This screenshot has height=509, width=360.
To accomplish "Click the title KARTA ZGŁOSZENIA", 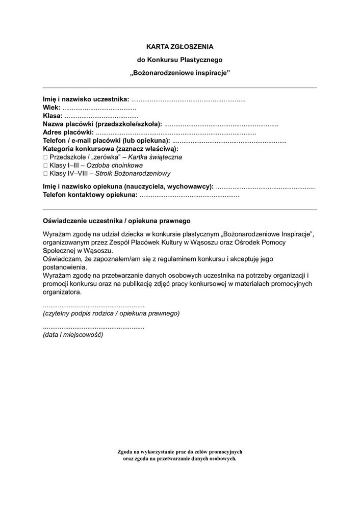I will coord(179,46).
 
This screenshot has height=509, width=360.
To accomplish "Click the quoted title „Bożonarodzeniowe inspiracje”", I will coord(179,73).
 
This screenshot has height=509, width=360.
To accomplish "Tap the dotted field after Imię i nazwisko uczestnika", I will coord(188,99).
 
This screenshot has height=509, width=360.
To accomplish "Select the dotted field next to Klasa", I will coord(101,116).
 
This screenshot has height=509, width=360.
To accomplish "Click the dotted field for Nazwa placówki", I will coord(221,124).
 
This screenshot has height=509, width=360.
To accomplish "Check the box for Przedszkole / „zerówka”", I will coord(45,157).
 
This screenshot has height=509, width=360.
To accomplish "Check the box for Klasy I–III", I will coord(45,166).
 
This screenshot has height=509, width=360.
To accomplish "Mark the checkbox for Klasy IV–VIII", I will coord(45,174).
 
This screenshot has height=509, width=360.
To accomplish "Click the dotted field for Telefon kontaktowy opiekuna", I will coord(189,195).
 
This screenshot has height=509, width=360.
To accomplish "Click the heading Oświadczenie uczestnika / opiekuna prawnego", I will coord(117,221).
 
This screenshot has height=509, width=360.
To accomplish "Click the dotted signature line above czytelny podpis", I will coord(94,305).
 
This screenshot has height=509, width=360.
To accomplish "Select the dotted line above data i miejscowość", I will coord(94,327).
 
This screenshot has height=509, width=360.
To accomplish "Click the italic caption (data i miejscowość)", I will coord(73,335).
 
